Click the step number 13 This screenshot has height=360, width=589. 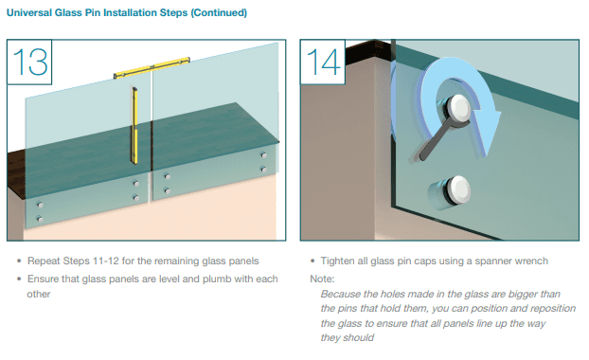(x=30, y=62)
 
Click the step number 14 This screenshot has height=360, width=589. (x=324, y=62)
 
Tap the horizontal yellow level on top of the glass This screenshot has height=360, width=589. (x=152, y=67)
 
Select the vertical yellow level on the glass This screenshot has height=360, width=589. (x=134, y=125)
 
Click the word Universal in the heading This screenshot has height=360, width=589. (x=29, y=12)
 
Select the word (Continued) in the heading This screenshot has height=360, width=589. (x=219, y=12)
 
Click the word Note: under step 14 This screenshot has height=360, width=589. (x=322, y=279)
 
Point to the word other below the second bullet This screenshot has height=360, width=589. (x=38, y=294)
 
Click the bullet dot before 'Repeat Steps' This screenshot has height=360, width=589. (x=19, y=261)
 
